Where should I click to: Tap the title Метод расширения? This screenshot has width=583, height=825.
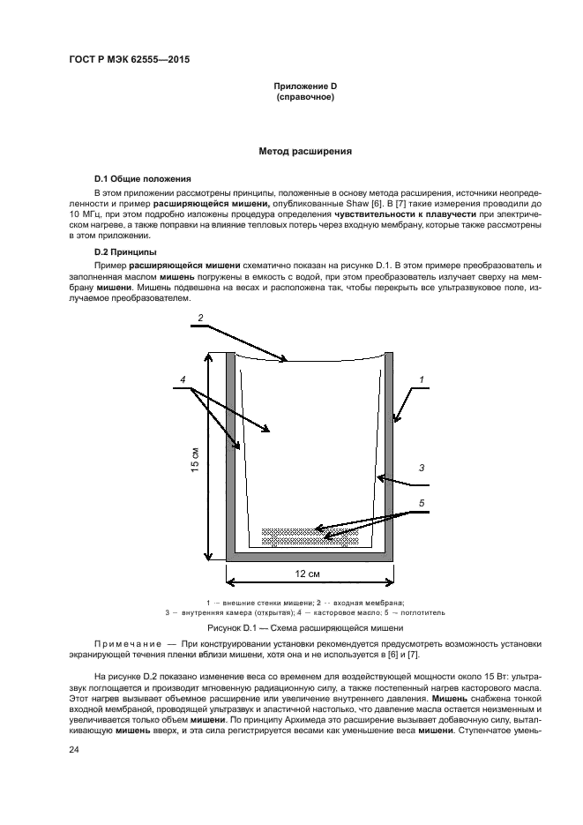point(305,152)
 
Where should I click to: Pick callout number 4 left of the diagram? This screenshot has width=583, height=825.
point(182,380)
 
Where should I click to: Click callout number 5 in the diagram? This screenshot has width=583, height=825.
point(422,503)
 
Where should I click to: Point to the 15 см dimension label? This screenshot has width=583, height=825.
point(196,460)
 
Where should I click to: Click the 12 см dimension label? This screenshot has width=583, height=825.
point(306,574)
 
